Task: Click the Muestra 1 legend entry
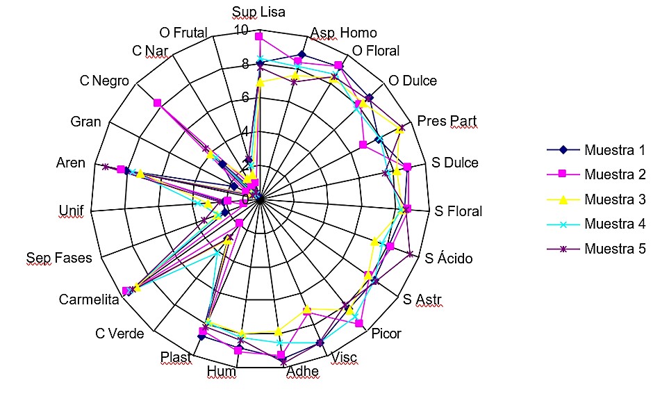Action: point(596,150)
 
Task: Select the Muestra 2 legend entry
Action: point(596,174)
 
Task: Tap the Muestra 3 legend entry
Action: point(596,199)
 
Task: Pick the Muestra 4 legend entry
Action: point(596,224)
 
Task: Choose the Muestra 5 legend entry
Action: point(596,249)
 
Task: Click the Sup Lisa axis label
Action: point(258,12)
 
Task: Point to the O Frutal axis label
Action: point(183,33)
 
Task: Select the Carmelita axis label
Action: point(89,299)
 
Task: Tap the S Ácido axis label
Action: point(448,258)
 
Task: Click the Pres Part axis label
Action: point(447,121)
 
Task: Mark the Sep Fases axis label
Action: point(59,258)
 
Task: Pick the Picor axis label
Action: point(386,334)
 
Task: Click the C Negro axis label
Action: point(104,81)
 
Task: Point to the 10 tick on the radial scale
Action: point(241,29)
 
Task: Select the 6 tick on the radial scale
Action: point(245,97)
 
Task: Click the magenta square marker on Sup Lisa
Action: point(258,37)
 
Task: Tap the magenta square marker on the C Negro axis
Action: point(158,103)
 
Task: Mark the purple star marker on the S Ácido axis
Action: point(410,254)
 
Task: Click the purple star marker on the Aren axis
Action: point(105,167)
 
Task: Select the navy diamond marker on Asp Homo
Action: point(302,54)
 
